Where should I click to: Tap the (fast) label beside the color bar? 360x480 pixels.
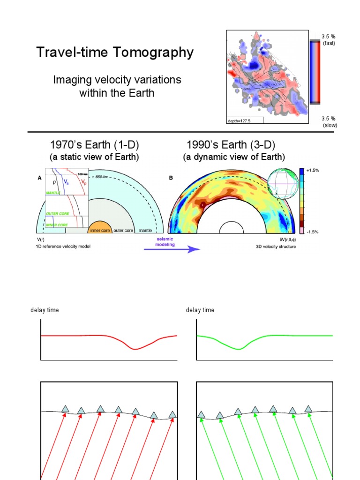[329, 43]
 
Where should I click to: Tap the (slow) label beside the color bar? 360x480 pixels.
[330, 125]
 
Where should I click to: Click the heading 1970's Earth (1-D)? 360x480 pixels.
[95, 144]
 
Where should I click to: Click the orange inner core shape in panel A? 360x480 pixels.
[99, 228]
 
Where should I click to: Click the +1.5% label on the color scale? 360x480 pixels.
[313, 171]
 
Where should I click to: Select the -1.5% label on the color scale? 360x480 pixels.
[313, 232]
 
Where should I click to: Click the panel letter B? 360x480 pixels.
[170, 178]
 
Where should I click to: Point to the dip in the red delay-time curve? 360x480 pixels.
[135, 348]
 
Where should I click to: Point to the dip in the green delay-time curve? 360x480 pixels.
[239, 348]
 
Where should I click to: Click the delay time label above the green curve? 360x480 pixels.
[200, 310]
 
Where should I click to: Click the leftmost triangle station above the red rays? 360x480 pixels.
[65, 409]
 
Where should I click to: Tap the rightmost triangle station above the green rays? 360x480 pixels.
[308, 409]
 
